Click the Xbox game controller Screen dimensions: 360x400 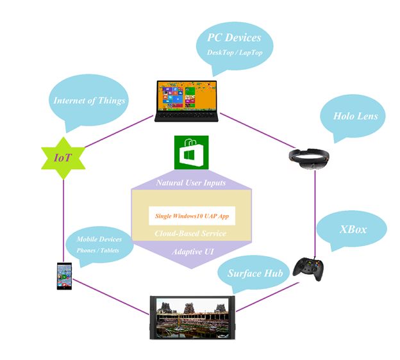312,266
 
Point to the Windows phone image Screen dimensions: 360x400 63,275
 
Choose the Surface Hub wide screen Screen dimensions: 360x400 191,317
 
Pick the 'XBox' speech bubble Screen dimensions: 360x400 353,228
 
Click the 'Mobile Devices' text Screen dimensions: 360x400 99,239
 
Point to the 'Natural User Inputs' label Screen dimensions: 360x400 190,183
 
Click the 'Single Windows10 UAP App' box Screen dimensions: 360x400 192,216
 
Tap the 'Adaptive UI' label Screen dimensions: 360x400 191,252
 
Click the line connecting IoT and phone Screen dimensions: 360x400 63,211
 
